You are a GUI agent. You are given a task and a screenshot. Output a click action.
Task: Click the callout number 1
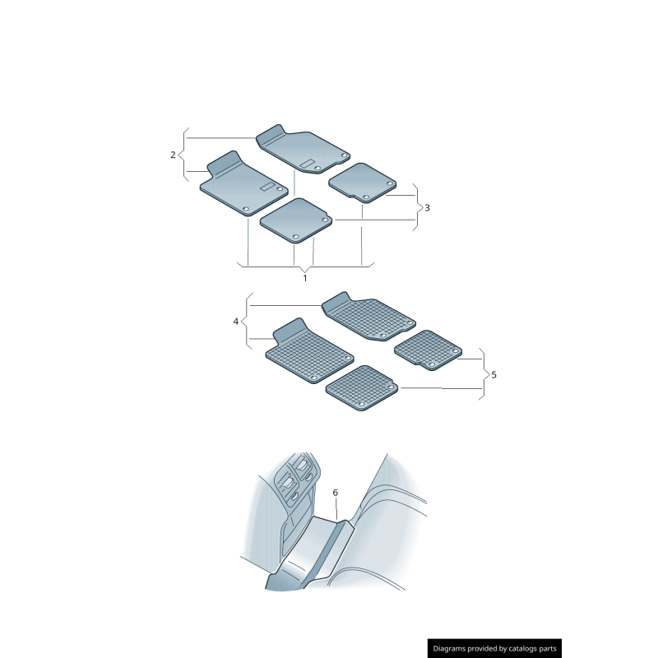[x=305, y=278]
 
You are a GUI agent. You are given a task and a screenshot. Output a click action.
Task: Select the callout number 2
[x=173, y=155]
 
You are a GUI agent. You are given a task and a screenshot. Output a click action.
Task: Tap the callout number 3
[x=427, y=208]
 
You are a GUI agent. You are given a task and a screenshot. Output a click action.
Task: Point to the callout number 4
[x=236, y=321]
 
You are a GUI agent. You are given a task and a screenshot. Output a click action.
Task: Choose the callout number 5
[x=493, y=374]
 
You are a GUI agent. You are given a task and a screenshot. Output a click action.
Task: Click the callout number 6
[x=336, y=492]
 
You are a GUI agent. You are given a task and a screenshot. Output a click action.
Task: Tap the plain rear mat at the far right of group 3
[x=362, y=182]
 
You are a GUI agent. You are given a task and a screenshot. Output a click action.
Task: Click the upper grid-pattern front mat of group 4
[x=368, y=316]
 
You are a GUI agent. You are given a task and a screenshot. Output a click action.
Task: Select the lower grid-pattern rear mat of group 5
[x=362, y=387]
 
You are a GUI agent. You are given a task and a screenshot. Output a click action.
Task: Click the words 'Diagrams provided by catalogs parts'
[x=494, y=648]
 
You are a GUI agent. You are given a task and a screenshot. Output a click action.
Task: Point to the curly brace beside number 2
[x=184, y=154]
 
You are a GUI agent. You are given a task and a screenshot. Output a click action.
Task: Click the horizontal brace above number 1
[x=305, y=266]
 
